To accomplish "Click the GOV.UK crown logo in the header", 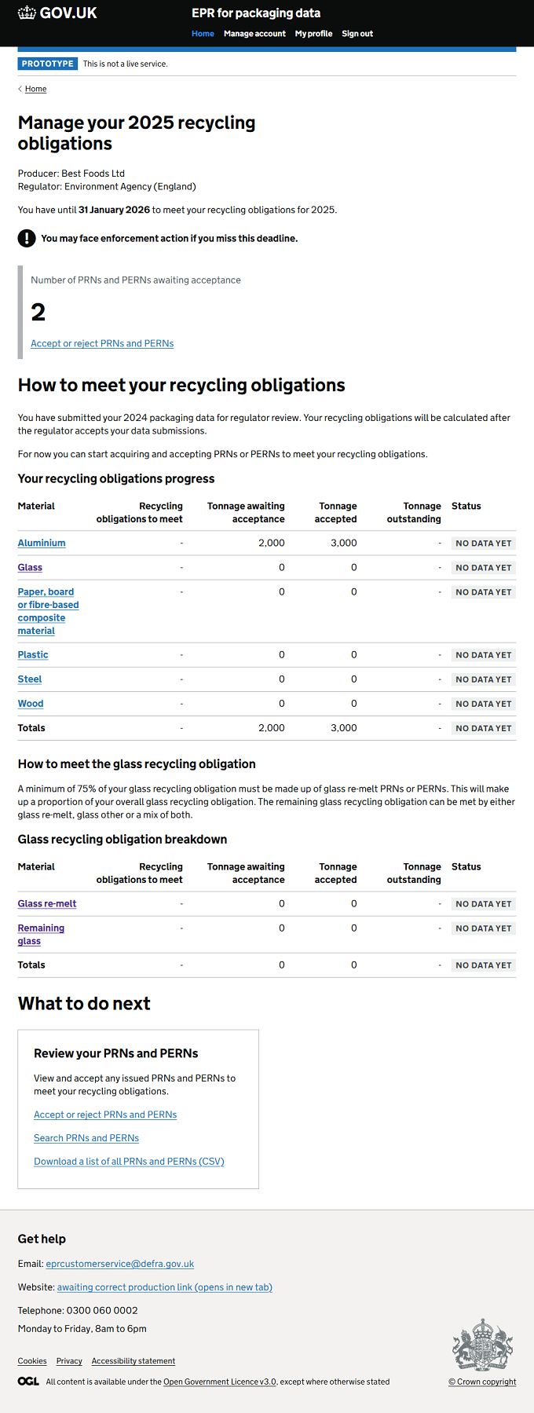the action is (x=27, y=13).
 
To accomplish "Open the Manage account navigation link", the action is (x=254, y=34).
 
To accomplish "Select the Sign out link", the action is (x=357, y=34).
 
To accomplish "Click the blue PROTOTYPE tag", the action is (x=48, y=64).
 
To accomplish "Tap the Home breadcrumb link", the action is (x=35, y=89).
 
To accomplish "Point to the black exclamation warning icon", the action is (x=27, y=238).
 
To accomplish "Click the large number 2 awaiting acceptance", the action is (x=38, y=313).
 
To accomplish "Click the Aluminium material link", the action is (x=42, y=543).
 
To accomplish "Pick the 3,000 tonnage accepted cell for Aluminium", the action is (x=344, y=543).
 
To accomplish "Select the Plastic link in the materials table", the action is (x=33, y=654).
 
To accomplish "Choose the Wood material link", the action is (x=31, y=704).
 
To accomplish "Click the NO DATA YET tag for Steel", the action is (x=484, y=679).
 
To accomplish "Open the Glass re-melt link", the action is (x=47, y=903).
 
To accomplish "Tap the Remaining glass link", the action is (x=41, y=935).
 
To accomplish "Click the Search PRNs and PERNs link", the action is (x=86, y=1138).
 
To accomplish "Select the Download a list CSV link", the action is (x=129, y=1162).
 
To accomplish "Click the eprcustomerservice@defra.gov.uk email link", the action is (x=120, y=1264).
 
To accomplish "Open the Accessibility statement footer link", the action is (x=133, y=1361).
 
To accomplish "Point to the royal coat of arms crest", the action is (x=483, y=1345).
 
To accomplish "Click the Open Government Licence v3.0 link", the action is (x=220, y=1382).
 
